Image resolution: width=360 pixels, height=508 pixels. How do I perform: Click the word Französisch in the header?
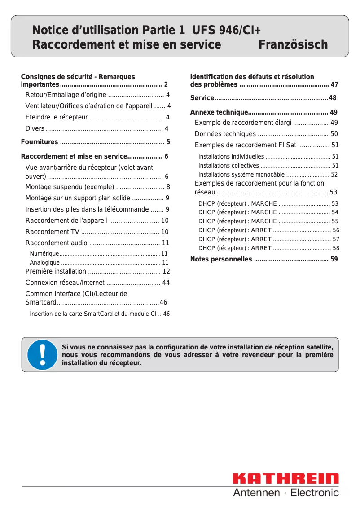click(x=293, y=45)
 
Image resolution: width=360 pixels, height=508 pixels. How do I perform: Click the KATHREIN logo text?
click(x=285, y=479)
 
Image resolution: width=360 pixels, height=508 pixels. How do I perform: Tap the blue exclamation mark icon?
click(x=42, y=355)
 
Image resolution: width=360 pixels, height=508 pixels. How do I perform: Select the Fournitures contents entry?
click(x=40, y=142)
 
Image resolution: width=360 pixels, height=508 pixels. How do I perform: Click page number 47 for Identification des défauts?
click(x=334, y=84)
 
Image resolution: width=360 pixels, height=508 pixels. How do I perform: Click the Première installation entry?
click(x=56, y=271)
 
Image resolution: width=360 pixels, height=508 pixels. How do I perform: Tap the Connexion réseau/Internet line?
click(x=65, y=283)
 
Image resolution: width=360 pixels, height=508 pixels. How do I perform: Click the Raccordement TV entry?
click(x=53, y=232)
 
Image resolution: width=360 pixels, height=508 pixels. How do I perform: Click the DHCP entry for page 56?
click(x=235, y=230)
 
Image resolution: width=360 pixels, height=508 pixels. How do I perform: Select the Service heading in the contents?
click(x=202, y=98)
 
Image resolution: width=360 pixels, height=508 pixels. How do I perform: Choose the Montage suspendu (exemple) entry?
click(x=70, y=187)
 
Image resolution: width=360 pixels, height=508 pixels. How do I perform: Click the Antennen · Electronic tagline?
click(x=285, y=493)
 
